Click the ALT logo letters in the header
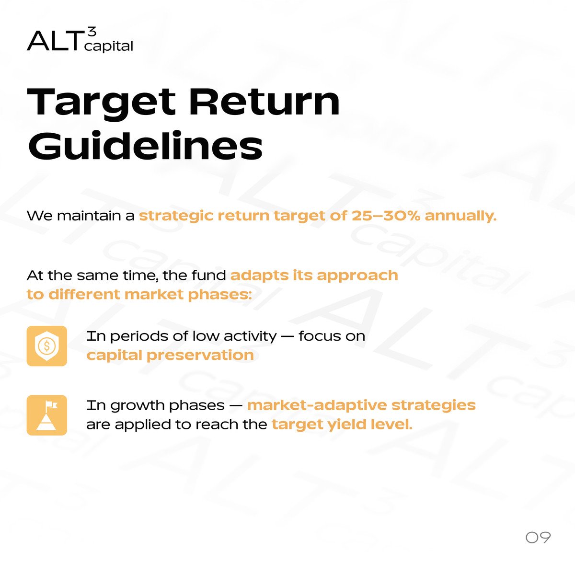coord(54,41)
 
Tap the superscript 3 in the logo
coord(92,32)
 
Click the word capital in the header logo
coord(108,46)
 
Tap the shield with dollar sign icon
coord(46,346)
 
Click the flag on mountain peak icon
coord(46,415)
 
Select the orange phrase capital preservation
coord(170,356)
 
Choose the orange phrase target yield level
coord(341,425)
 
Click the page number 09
coord(538,537)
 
